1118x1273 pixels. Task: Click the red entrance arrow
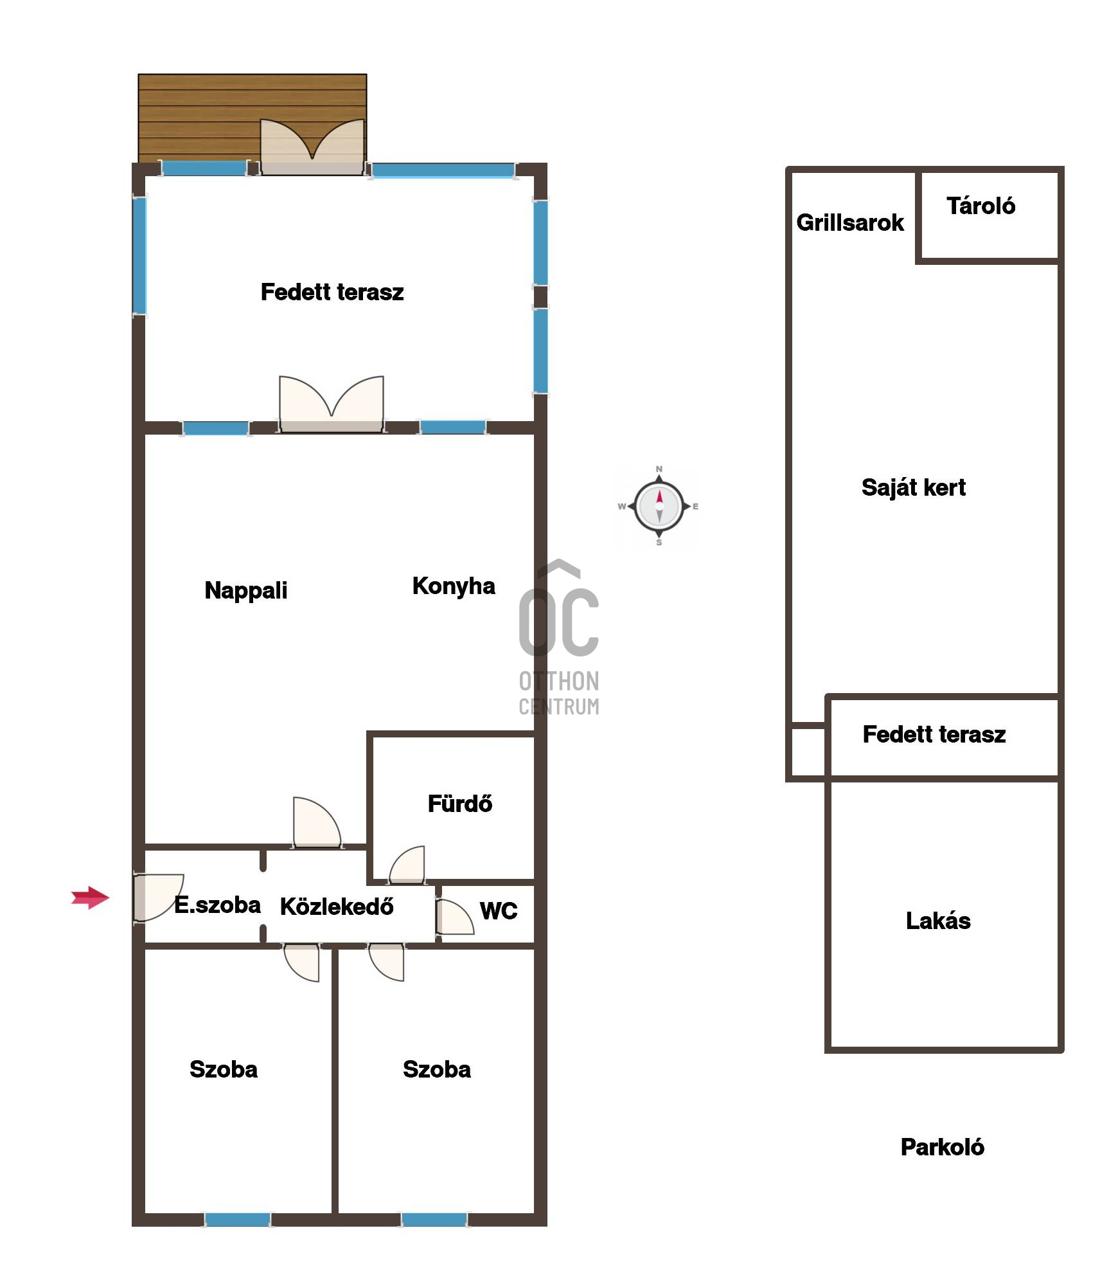point(91,898)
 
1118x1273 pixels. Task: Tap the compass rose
point(659,506)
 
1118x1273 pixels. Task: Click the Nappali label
point(246,590)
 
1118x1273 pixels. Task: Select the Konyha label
point(454,586)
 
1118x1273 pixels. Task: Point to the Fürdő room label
point(460,804)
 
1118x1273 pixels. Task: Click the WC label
point(499,910)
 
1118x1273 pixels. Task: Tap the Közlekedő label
point(337,906)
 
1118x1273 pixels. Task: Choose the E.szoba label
point(218,905)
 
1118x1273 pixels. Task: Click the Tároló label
point(981,206)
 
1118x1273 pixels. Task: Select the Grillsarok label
point(850,222)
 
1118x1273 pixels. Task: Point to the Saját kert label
point(914,488)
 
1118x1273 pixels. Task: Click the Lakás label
point(938,921)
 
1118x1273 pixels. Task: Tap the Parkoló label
point(943,1147)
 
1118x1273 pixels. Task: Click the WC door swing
point(454,917)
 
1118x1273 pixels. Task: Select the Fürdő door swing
point(407,864)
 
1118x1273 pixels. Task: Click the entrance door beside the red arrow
point(158,898)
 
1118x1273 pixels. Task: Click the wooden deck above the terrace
point(253,118)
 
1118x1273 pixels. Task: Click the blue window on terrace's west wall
point(139,256)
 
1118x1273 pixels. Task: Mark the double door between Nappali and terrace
point(332,404)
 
